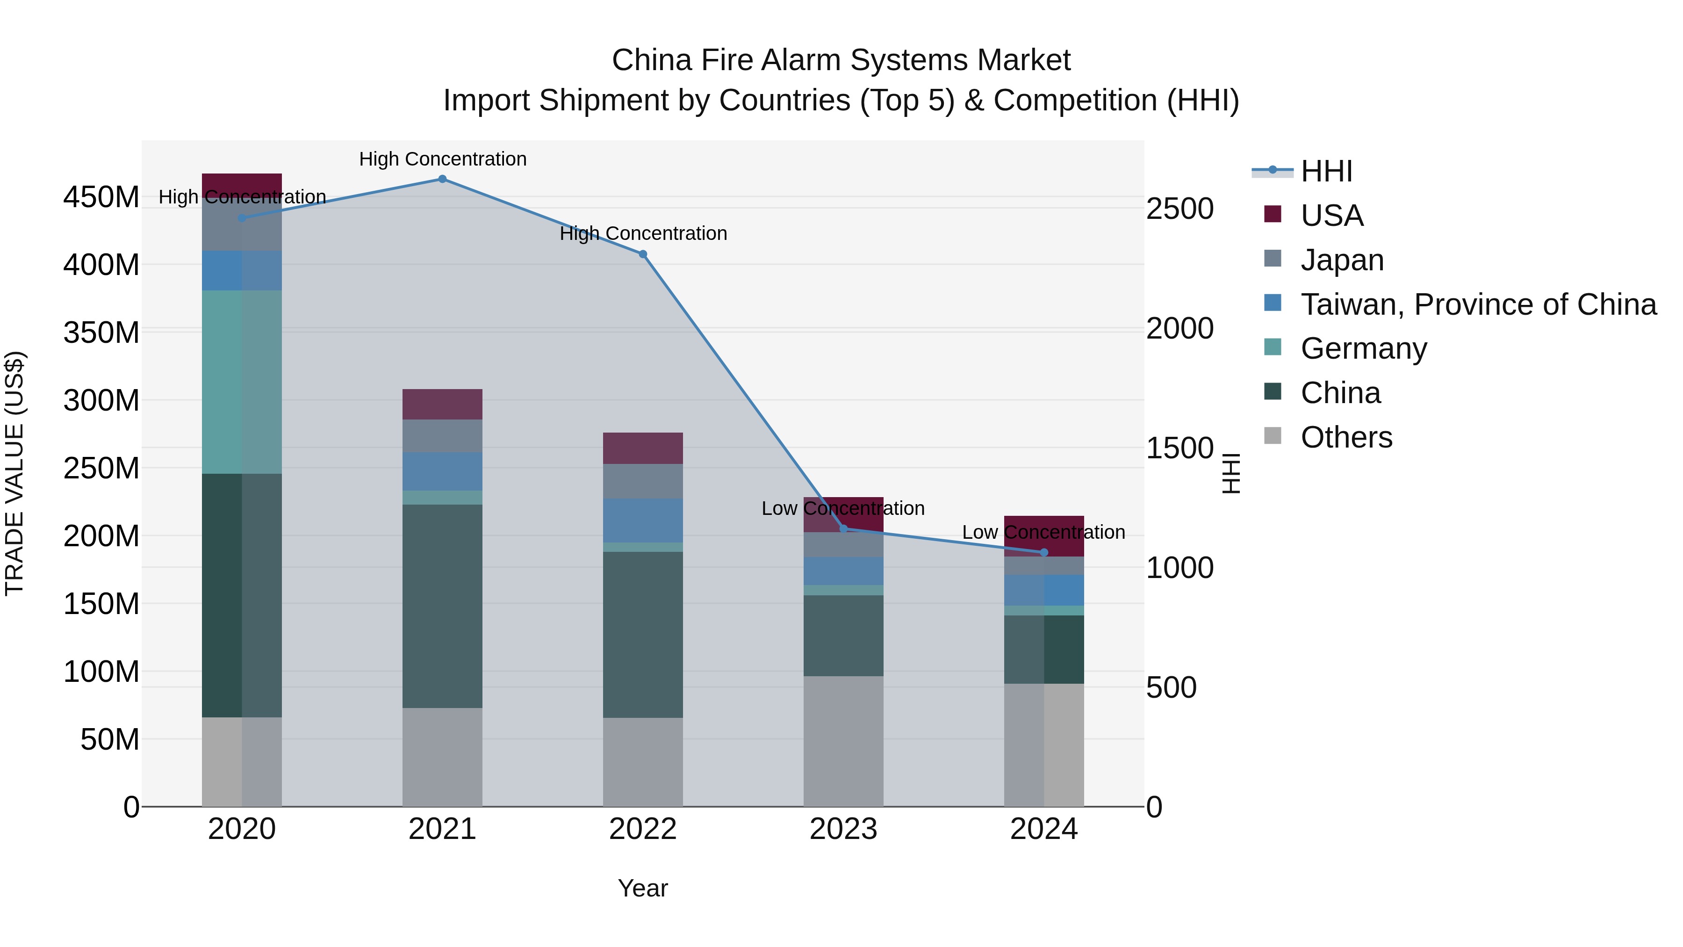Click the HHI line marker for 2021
(x=442, y=179)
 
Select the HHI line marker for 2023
(x=843, y=529)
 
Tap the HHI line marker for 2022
(x=643, y=254)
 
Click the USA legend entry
(x=1331, y=216)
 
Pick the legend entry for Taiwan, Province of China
(x=1478, y=304)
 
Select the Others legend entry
(x=1346, y=437)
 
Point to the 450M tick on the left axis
(x=101, y=197)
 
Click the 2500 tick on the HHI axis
(x=1180, y=209)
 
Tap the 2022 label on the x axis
(x=643, y=829)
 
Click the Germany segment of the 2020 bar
(x=242, y=383)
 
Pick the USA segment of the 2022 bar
(x=643, y=448)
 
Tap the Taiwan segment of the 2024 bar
(x=1043, y=590)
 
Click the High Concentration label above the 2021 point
(x=442, y=159)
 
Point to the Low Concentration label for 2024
(x=1043, y=533)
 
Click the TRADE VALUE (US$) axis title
(x=15, y=473)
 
